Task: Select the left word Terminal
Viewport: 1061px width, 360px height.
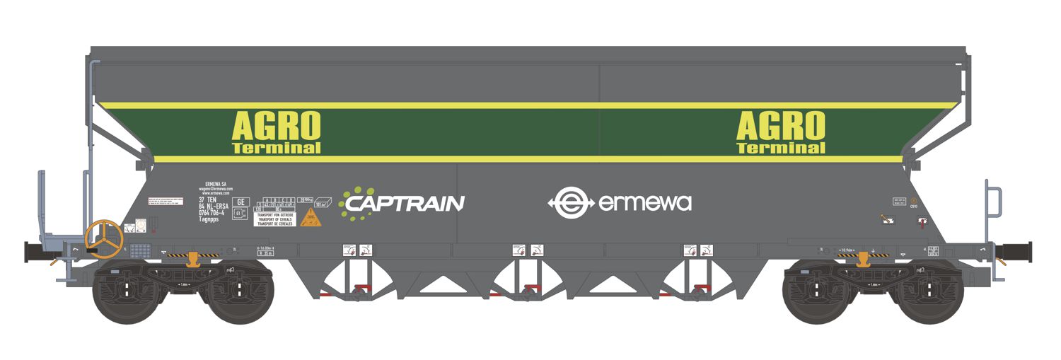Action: [x=276, y=148]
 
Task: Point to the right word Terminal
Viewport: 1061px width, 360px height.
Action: [x=780, y=148]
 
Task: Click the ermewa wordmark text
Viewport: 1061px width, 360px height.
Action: [x=644, y=204]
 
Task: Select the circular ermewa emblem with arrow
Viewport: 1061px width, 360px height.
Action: [x=570, y=203]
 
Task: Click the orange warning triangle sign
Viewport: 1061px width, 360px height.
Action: [x=311, y=217]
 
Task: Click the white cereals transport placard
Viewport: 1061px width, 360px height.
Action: [x=274, y=219]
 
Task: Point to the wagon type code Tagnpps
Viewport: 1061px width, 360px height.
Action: [x=204, y=221]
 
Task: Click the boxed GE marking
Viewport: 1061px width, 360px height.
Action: [x=242, y=202]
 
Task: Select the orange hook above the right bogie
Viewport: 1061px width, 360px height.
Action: [x=862, y=260]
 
